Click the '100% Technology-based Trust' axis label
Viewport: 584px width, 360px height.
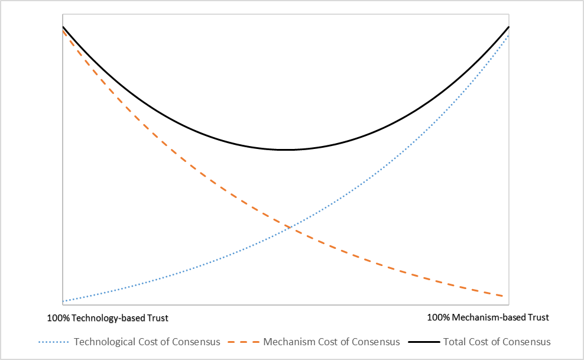[x=107, y=318]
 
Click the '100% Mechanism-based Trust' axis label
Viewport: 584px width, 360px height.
[x=488, y=317]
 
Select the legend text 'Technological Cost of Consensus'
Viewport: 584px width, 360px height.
[x=147, y=342]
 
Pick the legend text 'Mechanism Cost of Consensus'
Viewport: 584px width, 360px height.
[x=332, y=342]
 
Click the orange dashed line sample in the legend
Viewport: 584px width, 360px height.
[x=242, y=342]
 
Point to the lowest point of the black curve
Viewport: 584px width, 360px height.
[x=285, y=150]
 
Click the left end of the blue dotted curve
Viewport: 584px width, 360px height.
[x=63, y=301]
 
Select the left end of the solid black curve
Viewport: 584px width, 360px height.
[x=63, y=27]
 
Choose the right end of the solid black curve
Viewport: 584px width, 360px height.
[x=508, y=27]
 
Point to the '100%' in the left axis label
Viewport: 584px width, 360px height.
[x=58, y=318]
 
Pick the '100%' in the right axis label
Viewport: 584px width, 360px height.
[x=438, y=317]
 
